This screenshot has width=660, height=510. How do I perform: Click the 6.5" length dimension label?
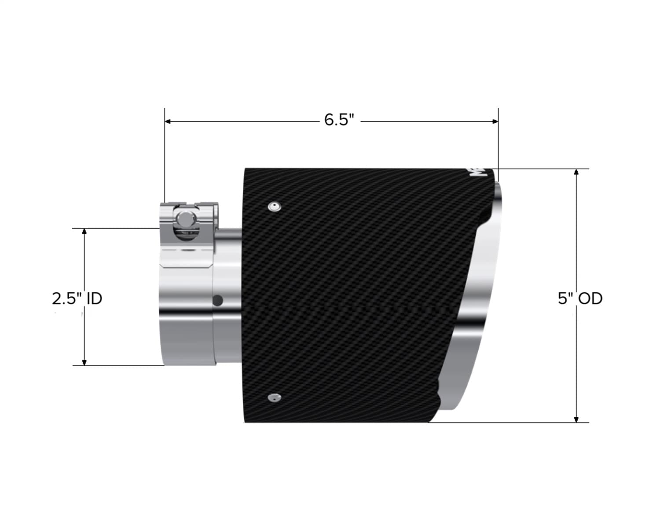[339, 120]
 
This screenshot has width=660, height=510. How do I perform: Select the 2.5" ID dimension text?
[77, 299]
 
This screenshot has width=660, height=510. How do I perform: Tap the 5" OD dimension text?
[580, 299]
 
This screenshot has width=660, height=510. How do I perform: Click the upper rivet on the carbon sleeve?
[275, 206]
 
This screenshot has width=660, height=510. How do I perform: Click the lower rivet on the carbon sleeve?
[274, 398]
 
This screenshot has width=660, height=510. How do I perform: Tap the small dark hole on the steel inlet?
[217, 301]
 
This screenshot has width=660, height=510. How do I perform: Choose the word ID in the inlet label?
[94, 299]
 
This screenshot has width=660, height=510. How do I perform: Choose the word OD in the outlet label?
[590, 299]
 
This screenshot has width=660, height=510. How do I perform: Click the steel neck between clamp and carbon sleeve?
[229, 299]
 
